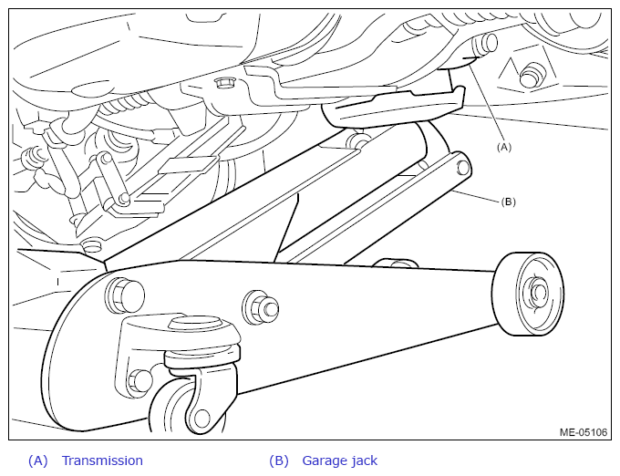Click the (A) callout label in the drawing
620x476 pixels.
(503, 147)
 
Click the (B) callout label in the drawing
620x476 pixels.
(509, 202)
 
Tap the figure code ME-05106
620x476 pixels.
(584, 432)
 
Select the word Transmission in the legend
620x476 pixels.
(102, 460)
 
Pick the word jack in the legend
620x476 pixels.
(364, 461)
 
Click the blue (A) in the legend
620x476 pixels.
(38, 460)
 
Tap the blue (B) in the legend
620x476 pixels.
(279, 460)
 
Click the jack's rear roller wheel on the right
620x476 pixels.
(528, 294)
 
